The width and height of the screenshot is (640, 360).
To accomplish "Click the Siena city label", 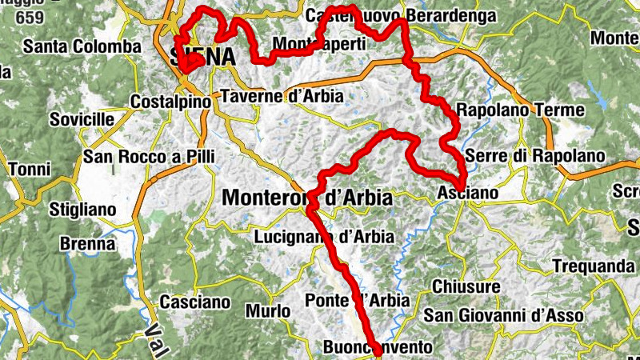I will [203, 57].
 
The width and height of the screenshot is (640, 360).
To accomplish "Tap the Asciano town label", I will [468, 194].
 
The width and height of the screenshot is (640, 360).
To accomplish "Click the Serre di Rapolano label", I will [530, 155].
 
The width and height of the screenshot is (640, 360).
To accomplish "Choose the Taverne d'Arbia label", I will [281, 96].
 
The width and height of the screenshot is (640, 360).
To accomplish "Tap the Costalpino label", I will [170, 102].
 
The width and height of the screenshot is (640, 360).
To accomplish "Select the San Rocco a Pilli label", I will [150, 155].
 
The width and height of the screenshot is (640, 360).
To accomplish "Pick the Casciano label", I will [195, 303].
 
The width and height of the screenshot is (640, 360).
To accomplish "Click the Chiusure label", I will [466, 286].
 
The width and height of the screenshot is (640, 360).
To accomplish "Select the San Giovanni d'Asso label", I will [503, 316].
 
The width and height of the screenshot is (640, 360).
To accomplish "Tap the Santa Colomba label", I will [82, 47].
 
